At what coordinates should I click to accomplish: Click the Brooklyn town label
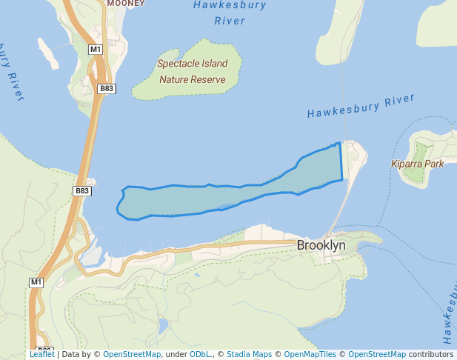[x=321, y=244]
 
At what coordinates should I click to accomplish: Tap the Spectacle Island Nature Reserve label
[x=193, y=71]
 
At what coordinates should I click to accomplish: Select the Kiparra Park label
[x=418, y=164]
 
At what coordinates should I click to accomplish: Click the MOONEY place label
[x=126, y=4]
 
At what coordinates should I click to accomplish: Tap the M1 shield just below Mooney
[x=95, y=50]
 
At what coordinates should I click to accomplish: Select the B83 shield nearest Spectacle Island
[x=107, y=88]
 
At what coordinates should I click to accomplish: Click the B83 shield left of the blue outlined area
[x=82, y=190]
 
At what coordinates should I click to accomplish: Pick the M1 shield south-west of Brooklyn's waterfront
[x=36, y=282]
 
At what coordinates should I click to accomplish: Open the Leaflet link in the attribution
[x=41, y=354]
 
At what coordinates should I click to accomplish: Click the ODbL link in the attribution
[x=199, y=354]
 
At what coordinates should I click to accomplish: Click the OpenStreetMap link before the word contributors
[x=377, y=354]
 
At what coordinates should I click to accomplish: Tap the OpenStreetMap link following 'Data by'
[x=132, y=354]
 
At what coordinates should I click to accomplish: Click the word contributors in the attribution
[x=431, y=354]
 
